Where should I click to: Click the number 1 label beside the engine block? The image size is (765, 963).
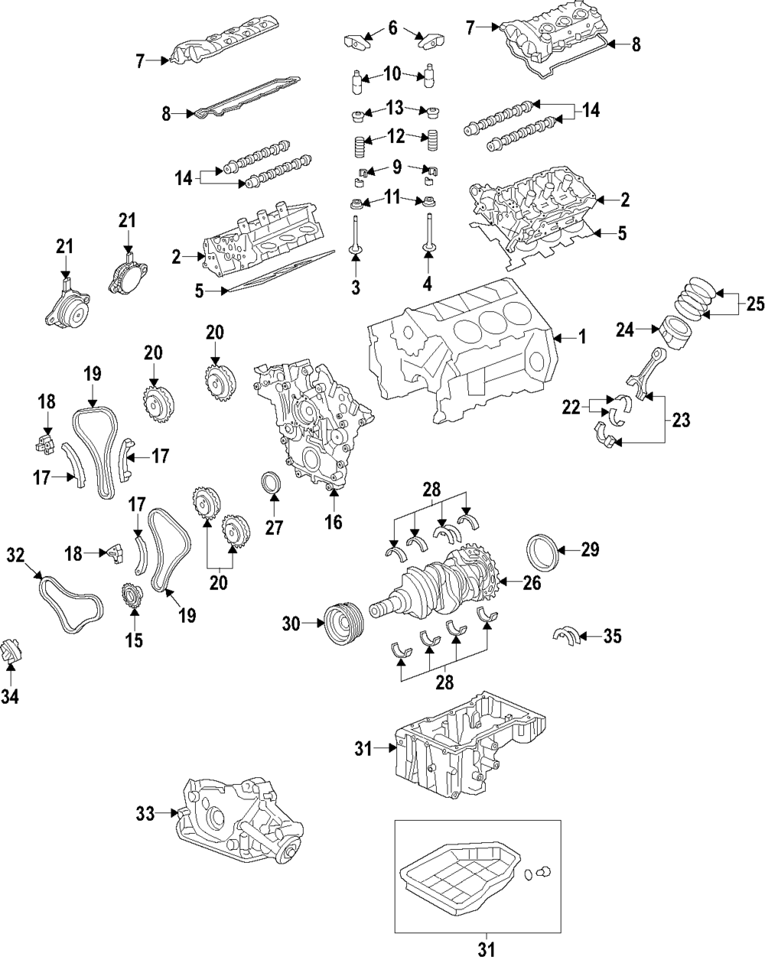click(x=581, y=337)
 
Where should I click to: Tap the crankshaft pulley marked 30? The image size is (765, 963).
click(x=343, y=625)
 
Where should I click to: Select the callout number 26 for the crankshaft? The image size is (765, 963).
click(x=532, y=583)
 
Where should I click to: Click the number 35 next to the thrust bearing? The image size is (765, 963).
click(x=612, y=635)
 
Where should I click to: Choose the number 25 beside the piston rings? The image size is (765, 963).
click(x=755, y=305)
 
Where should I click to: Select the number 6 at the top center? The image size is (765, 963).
click(x=392, y=30)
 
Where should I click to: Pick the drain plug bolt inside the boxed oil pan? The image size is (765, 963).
click(x=545, y=871)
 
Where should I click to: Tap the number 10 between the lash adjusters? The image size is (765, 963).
click(x=392, y=74)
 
